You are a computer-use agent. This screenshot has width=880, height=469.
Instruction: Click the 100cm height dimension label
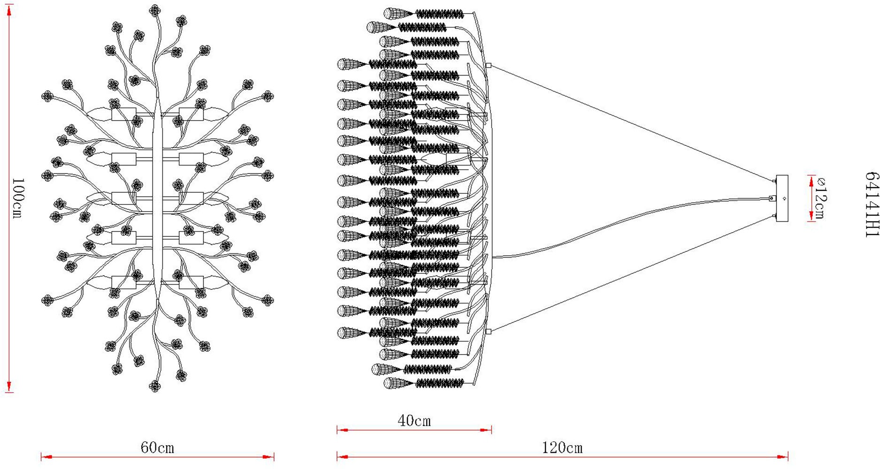point(16,197)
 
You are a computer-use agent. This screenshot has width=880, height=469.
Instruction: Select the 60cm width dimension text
point(157,447)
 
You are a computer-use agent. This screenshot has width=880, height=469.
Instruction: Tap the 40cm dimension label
point(414,421)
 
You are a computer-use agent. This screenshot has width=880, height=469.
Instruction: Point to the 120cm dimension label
point(562,447)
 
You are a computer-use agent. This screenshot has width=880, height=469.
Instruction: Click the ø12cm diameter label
point(821,197)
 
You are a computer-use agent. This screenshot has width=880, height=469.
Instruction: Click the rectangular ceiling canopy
point(782,198)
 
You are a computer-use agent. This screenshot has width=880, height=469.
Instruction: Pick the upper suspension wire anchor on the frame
point(488,66)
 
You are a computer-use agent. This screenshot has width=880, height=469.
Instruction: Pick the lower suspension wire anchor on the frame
point(488,332)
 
